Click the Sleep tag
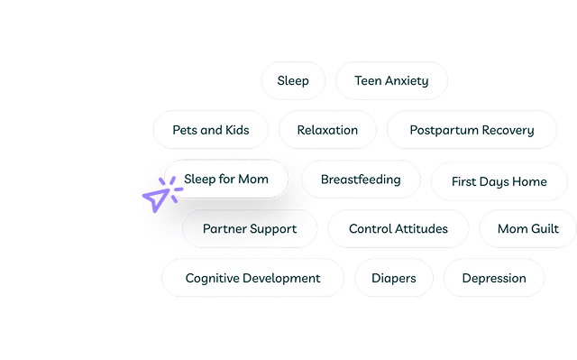293,80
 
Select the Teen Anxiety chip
391,80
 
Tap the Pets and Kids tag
211,130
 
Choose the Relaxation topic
326,130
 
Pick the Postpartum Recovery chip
472,130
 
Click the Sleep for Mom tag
226,179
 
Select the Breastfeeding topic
361,179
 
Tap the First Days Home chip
499,181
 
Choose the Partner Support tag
250,228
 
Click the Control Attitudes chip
398,228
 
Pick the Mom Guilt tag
528,228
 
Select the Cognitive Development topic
252,278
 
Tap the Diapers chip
394,278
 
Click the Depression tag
494,278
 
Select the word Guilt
545,228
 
